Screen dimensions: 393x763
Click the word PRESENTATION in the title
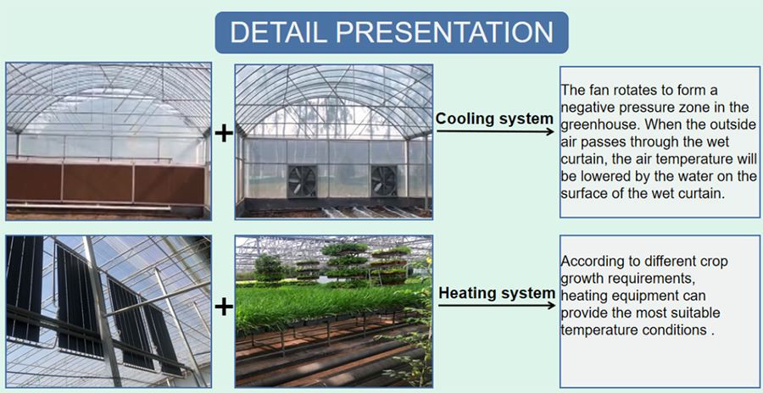448,32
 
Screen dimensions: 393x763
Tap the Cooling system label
493,119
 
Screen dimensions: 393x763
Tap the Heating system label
496,293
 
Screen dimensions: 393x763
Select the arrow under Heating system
496,305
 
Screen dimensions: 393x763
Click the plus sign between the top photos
223,134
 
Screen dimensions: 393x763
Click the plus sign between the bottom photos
223,306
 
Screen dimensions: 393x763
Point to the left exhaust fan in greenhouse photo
301,181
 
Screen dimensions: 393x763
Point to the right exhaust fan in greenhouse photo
383,180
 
